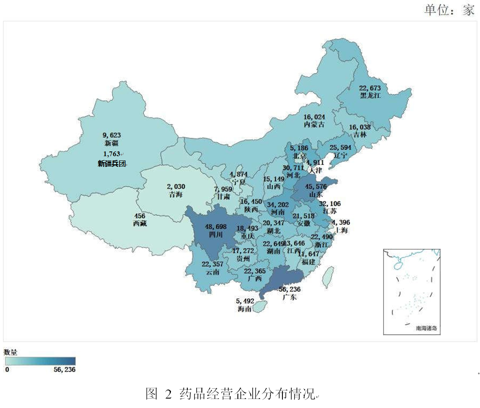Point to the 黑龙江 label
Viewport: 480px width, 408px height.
pos(371,96)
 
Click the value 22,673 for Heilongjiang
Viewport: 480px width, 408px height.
pos(371,88)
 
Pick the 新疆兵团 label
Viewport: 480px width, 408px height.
pos(112,163)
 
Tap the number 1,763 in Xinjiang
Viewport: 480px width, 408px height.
pos(112,154)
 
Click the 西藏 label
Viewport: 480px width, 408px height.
pos(140,224)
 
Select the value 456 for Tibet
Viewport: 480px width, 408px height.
pos(140,216)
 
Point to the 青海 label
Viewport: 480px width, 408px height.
pos(176,194)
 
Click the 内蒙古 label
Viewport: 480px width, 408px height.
pos(314,124)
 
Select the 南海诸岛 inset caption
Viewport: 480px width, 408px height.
pos(426,329)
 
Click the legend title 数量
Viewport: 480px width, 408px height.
pos(11,352)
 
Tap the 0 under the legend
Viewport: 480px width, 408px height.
pos(7,369)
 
